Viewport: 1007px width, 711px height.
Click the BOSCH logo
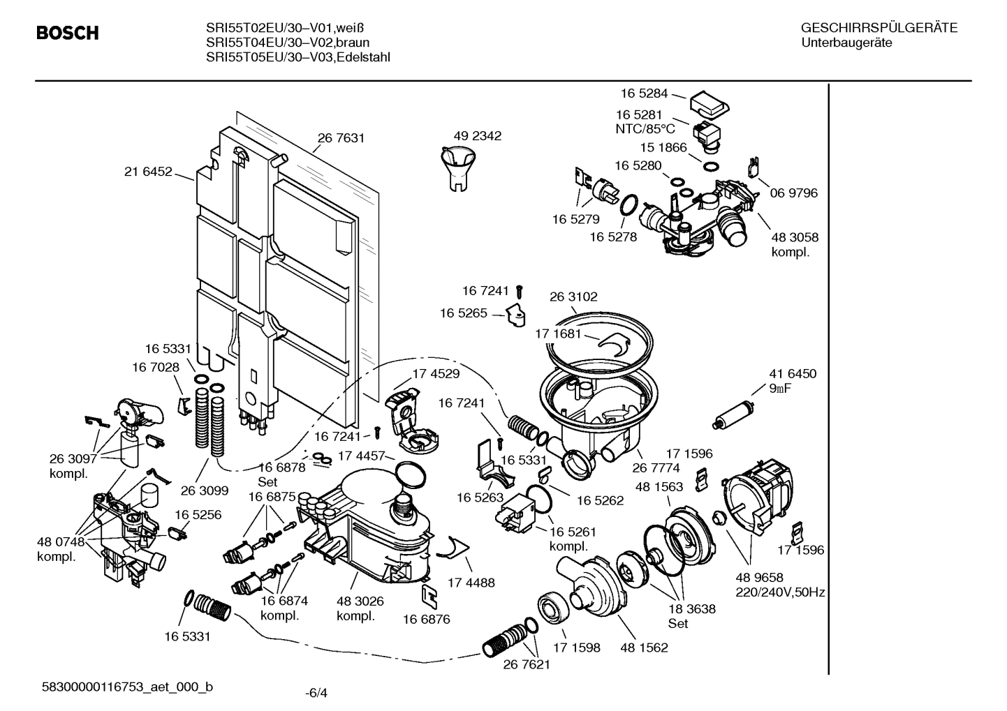[x=67, y=33]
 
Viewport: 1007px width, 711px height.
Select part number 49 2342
[x=477, y=136]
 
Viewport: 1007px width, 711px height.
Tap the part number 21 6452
[x=148, y=172]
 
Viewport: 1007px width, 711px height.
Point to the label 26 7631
[x=341, y=138]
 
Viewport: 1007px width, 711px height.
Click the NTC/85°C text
[x=645, y=128]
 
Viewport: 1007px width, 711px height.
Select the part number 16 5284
[x=644, y=93]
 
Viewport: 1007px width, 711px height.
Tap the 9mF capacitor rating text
[x=780, y=389]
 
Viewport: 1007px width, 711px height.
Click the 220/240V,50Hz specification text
[x=780, y=592]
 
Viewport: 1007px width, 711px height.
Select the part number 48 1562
[x=644, y=648]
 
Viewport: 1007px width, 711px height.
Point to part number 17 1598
[x=576, y=648]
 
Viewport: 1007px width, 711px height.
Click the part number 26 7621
[x=527, y=664]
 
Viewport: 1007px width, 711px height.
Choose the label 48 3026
[x=360, y=601]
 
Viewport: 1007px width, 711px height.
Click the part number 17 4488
[x=471, y=583]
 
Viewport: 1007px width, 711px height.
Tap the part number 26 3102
[x=573, y=297]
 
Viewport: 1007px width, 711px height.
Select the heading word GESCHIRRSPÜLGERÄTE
[x=879, y=29]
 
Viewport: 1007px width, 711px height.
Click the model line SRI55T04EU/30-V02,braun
[x=288, y=43]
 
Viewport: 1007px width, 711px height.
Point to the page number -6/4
[x=316, y=693]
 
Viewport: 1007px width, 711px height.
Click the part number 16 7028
[x=155, y=367]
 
